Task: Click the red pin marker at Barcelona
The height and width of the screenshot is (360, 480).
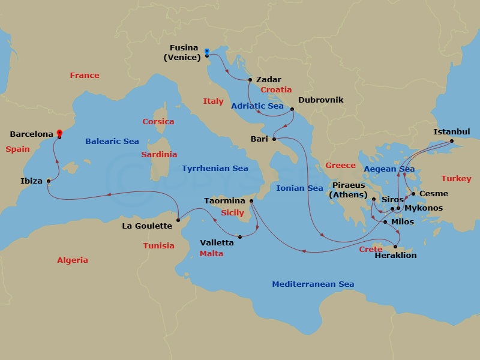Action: pos(59,133)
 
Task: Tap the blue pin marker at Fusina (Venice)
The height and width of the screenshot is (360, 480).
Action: pos(206,52)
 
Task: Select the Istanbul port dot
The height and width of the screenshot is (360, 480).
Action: pos(452,142)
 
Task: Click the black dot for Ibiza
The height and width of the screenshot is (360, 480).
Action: pos(49,181)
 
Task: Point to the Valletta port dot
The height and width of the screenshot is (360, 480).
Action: pos(239,236)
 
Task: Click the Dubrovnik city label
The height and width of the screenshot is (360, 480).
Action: pos(320,100)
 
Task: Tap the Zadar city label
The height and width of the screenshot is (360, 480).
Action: pos(268,79)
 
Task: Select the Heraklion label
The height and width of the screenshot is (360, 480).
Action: pos(395,255)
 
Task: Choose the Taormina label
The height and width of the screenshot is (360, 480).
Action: pos(224,200)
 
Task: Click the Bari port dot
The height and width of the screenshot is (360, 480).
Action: pos(274,139)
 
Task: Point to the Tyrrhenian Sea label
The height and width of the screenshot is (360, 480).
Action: pos(215,169)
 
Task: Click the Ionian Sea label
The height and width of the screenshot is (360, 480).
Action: pos(299,188)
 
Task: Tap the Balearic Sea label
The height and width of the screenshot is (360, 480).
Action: pos(112,142)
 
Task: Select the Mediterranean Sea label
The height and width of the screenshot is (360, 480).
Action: pos(313,284)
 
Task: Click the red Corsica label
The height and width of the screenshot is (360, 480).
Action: pos(158,121)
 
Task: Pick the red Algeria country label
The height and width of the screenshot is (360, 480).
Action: pos(72,260)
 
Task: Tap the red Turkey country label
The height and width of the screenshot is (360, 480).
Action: pos(456,178)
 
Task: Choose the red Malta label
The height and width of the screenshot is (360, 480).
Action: pos(211,253)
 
